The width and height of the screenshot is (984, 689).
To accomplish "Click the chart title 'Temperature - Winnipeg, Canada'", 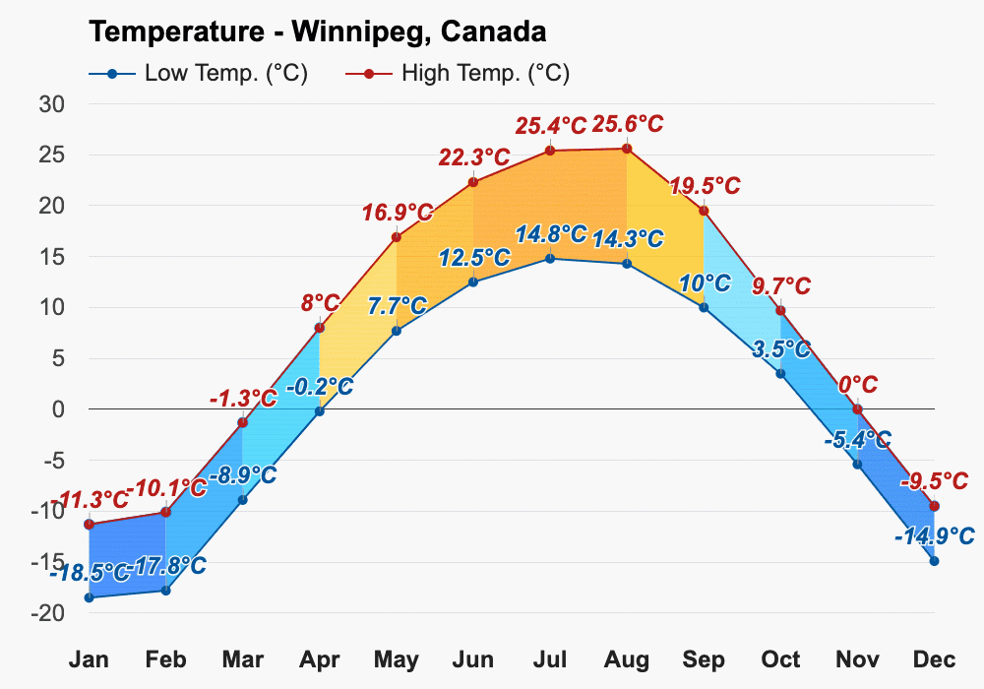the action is point(318,32).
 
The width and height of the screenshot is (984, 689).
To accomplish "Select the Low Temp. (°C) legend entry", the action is point(199,74).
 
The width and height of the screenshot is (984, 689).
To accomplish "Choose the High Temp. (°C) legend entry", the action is point(458,74).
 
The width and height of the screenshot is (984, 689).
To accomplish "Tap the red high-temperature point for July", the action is point(550,151).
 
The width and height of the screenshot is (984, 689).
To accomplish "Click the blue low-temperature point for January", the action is point(90,597).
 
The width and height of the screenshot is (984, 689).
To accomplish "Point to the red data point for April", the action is point(320,328).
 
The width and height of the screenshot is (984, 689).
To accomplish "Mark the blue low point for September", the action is point(704,307).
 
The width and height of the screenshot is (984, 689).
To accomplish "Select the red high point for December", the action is point(935,506).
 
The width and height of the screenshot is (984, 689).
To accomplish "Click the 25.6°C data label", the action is point(628,124).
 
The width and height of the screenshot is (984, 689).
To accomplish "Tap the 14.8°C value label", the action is point(551,234).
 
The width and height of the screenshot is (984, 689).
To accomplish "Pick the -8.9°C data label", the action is point(242,475).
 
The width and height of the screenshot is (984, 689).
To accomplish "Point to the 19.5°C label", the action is point(705,186).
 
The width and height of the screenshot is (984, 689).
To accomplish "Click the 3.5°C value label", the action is point(781,348).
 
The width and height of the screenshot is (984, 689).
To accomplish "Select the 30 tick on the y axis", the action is point(52,104).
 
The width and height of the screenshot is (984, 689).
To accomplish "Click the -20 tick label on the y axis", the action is point(48,613).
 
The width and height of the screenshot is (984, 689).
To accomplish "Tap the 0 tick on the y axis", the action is point(59,409).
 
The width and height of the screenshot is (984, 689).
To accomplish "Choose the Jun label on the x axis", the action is point(473,659).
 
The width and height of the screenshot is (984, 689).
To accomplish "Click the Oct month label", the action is point(780,659).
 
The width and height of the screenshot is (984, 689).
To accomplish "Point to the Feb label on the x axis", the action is point(165,659).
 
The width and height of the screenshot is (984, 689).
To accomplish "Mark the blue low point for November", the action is point(857,464).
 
